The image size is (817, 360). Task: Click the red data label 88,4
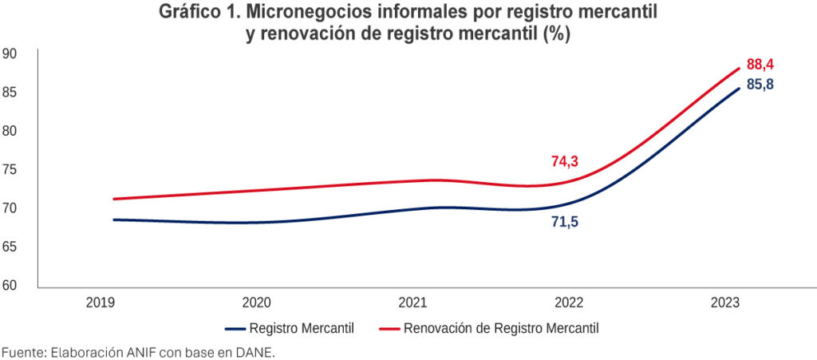click(760, 65)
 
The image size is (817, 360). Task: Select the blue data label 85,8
click(760, 85)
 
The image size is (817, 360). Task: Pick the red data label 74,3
click(564, 161)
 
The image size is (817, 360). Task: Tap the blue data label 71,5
click(564, 222)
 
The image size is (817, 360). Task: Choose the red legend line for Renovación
click(389, 328)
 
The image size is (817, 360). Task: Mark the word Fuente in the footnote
click(22, 352)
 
